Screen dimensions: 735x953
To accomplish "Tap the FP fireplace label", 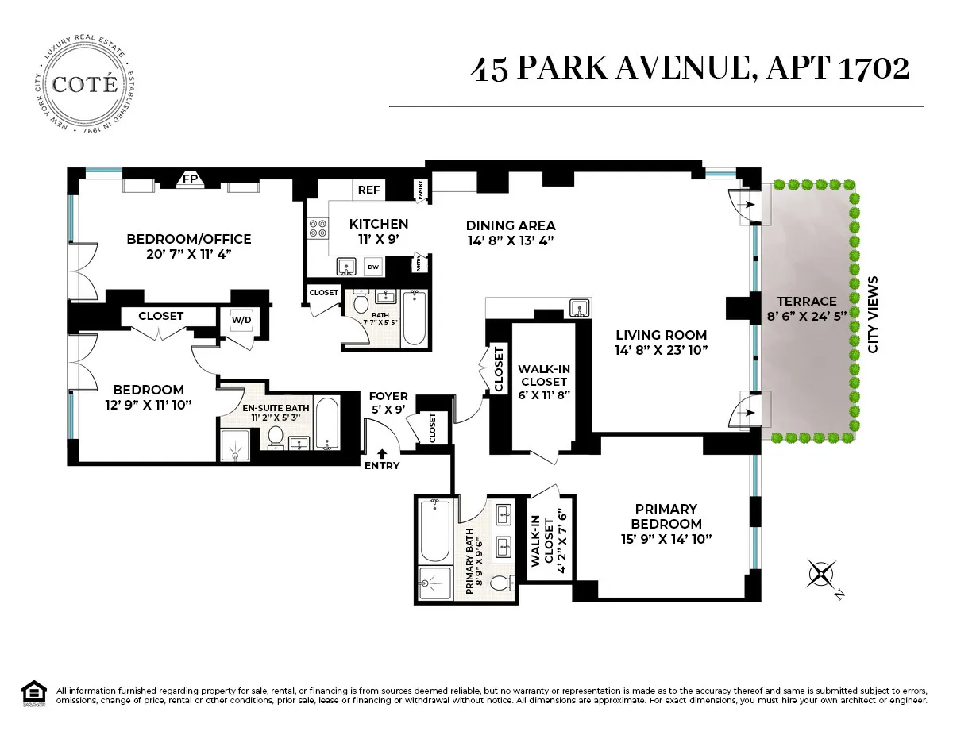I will [x=190, y=179].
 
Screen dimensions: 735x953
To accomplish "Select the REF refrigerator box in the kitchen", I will [x=368, y=190].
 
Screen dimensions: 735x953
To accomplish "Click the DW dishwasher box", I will [x=372, y=267].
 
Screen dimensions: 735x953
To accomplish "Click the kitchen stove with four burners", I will [x=318, y=229].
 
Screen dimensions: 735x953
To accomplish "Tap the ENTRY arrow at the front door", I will [x=383, y=454].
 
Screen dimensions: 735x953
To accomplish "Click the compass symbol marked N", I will [x=822, y=573].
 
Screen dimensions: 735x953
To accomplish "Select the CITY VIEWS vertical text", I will [x=874, y=314].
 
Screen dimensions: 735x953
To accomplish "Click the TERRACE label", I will [x=807, y=301].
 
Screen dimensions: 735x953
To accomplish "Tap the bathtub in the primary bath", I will [x=434, y=529].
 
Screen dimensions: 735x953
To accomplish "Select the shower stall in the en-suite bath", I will [x=235, y=444].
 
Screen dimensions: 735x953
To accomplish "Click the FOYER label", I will [x=388, y=396].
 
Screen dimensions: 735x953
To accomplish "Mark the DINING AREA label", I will [x=510, y=225].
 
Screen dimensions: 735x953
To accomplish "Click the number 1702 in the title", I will [x=874, y=68].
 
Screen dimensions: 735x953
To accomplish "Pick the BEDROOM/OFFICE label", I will [x=189, y=239].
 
